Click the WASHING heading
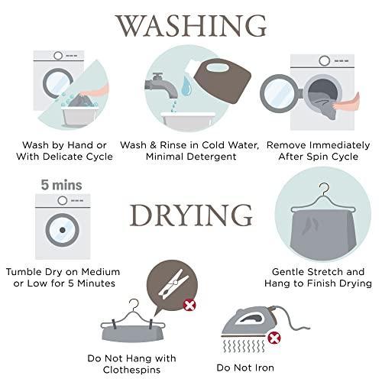[x=191, y=25]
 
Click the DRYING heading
[x=191, y=215]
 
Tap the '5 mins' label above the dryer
[x=62, y=185]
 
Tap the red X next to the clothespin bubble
[x=189, y=305]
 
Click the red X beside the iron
[x=274, y=338]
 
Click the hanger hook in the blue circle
[x=324, y=188]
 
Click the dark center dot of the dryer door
[x=63, y=230]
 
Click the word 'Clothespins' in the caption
[x=131, y=370]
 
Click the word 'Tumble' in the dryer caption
[x=24, y=272]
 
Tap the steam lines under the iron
[x=244, y=346]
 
